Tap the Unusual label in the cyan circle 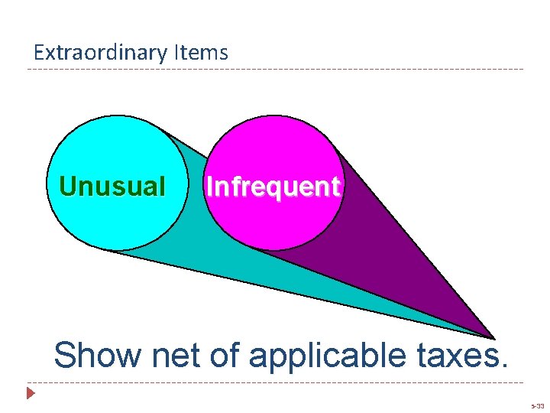coord(112,186)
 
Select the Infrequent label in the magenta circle coord(273,187)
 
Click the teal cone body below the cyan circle coord(229,260)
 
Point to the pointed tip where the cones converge coord(492,337)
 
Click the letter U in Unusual coord(67,186)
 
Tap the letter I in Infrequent coord(209,186)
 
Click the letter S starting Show coord(66,355)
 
